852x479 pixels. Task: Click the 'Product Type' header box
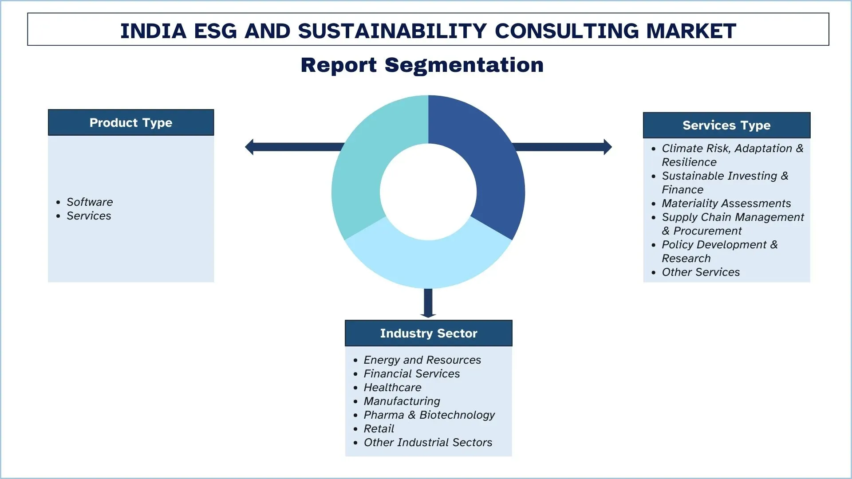[x=131, y=122]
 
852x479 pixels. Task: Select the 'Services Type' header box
[x=726, y=125]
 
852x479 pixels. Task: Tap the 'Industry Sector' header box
[x=428, y=333]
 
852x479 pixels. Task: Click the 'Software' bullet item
[x=90, y=202]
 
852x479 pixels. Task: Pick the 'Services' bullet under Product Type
[x=89, y=216]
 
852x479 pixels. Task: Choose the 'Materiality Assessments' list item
[x=726, y=203]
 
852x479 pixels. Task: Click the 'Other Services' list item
[x=701, y=272]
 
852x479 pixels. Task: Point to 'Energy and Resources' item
[x=422, y=360]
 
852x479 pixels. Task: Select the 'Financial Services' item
[x=411, y=373]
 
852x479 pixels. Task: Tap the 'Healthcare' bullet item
[x=392, y=387]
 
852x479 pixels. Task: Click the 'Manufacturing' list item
[x=402, y=401]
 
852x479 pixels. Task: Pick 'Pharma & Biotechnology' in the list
[x=429, y=415]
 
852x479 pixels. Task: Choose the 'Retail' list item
[x=379, y=428]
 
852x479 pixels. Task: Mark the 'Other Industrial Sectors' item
[x=428, y=442]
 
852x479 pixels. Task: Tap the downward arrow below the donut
[x=428, y=303]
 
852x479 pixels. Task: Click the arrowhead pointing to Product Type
[x=249, y=147]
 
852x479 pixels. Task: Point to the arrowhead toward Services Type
[x=608, y=147]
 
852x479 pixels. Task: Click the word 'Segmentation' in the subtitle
[x=464, y=65]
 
